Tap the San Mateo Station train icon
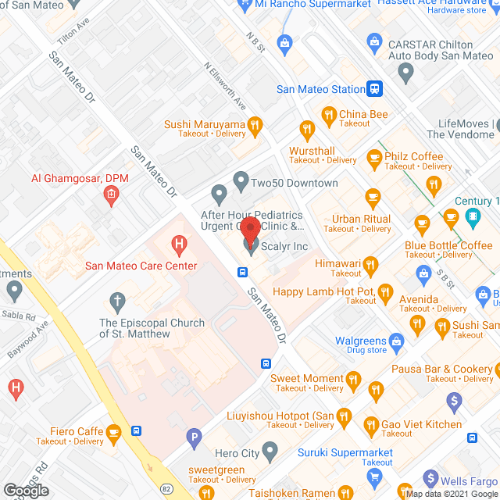(376, 89)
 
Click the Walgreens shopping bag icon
(396, 341)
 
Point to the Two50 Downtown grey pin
(241, 179)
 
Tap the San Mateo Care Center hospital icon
(179, 246)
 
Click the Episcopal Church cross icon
(117, 300)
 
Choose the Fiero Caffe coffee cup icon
(113, 430)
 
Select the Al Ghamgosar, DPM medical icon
(112, 194)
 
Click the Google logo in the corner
(26, 490)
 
